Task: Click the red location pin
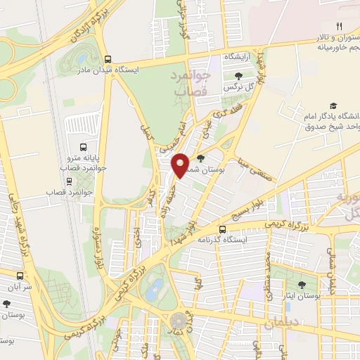coord(181,165)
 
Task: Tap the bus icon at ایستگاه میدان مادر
coord(108,60)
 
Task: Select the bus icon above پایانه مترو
coord(84,148)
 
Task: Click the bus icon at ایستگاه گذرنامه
coord(222,229)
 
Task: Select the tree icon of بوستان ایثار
coord(302,285)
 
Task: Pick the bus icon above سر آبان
coord(19,276)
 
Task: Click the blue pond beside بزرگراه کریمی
coord(156,286)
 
